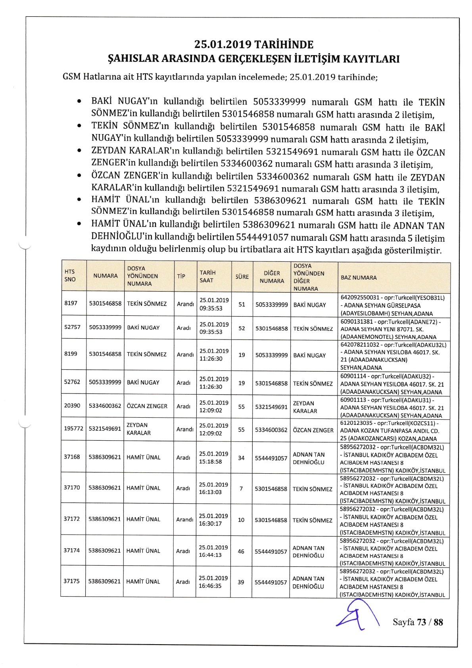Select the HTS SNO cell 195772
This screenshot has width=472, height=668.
point(73,429)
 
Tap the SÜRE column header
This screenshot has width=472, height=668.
point(242,276)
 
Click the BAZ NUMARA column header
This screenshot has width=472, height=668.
point(359,278)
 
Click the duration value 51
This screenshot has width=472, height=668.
point(242,304)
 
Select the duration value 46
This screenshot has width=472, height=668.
point(241,551)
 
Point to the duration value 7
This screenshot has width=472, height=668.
point(241,489)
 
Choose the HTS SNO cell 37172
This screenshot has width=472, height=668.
point(72,519)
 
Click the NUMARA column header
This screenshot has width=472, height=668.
point(106,276)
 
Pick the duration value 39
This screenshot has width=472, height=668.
point(241,582)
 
